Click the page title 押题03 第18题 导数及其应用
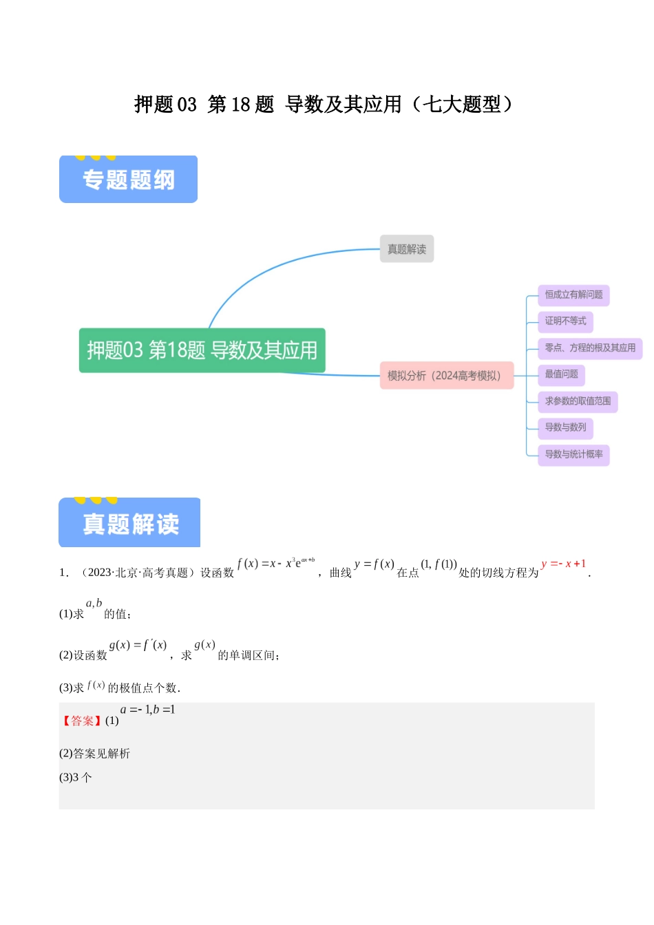point(324,105)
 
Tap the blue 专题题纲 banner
point(128,180)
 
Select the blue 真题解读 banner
point(129,523)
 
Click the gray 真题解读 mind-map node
point(406,249)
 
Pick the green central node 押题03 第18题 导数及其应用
point(202,350)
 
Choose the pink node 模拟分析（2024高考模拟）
point(446,376)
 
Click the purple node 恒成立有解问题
point(573,295)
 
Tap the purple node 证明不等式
point(565,321)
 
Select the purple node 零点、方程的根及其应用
point(590,348)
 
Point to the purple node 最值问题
point(561,374)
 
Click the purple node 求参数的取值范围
point(578,401)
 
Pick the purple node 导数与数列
point(565,427)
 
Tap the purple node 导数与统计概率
point(573,454)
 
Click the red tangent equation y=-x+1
point(563,564)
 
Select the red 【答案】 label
point(82,721)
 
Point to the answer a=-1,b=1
point(147,710)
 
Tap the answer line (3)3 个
point(76,778)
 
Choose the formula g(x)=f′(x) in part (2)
point(138,646)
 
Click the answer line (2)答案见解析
point(94,754)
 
